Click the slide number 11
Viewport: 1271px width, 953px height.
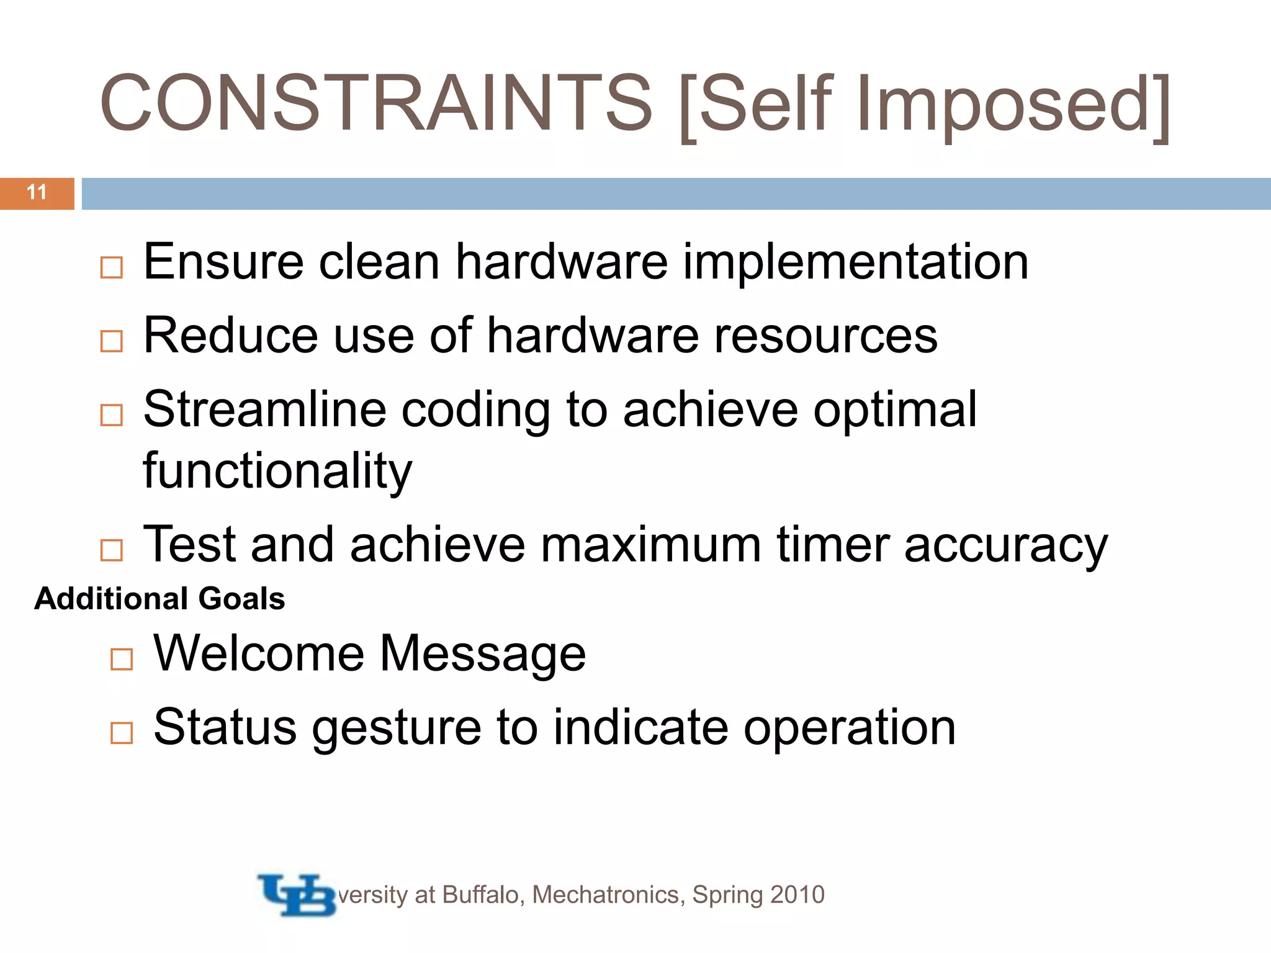pos(37,192)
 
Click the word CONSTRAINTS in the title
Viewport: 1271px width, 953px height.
pos(376,103)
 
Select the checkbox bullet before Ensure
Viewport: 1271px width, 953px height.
pos(112,268)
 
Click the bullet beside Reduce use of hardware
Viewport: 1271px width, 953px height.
pos(112,341)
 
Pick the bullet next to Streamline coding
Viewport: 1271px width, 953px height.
pos(112,415)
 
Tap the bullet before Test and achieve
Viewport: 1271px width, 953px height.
pos(112,550)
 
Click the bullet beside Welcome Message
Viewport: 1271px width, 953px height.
pos(122,660)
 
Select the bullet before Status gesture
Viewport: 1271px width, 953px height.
pos(122,733)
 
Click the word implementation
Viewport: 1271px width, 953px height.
pos(856,262)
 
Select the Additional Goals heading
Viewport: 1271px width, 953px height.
pos(159,599)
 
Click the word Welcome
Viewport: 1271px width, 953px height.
pos(259,653)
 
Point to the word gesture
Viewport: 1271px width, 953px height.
pos(396,728)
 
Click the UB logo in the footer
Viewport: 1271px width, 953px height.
pos(297,895)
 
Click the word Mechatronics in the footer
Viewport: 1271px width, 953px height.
pos(608,895)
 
